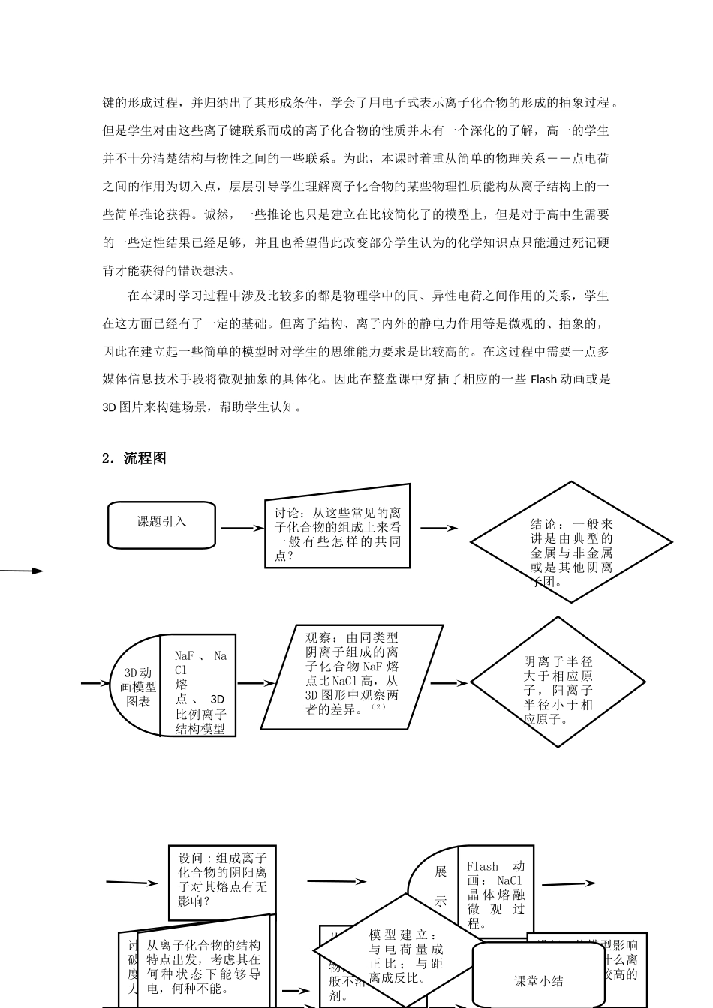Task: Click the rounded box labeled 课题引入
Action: [x=161, y=523]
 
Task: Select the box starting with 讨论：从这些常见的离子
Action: [x=337, y=533]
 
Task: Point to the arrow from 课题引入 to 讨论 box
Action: [x=238, y=528]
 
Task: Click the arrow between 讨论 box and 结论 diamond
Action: [x=438, y=528]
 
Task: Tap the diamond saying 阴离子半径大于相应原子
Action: [x=558, y=683]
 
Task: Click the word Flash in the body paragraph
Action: [x=543, y=379]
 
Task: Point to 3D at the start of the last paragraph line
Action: [x=109, y=408]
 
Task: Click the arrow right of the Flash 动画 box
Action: [x=569, y=884]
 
